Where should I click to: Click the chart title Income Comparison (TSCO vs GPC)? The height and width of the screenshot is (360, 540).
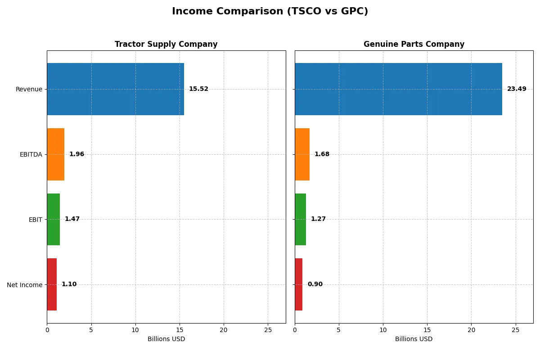point(270,12)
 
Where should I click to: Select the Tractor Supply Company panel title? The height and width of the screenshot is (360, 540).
point(166,45)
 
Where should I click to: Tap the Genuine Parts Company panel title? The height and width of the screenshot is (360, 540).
point(414,45)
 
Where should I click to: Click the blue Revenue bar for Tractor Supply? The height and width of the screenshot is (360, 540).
point(115,89)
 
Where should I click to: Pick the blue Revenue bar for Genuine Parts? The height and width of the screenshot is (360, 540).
point(398,89)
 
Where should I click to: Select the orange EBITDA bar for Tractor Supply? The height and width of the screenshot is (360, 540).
point(56,154)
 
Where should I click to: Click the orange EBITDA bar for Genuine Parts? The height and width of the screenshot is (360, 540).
point(302,154)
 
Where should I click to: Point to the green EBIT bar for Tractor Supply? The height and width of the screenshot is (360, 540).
point(54,219)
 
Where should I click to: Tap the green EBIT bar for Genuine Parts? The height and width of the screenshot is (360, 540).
point(300,219)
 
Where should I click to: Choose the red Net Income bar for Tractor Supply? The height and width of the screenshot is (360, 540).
point(52,284)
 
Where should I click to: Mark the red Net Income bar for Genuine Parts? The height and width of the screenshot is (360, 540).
point(298,284)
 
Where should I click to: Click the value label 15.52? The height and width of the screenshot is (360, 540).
point(198,89)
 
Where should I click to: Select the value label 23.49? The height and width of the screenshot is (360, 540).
point(517,89)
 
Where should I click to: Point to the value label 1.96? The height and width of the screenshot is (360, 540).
point(76,154)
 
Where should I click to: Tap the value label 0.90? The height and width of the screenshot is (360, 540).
point(315,284)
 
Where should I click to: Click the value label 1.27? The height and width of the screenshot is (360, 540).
point(318,219)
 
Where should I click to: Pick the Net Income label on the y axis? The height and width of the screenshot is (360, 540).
point(25,285)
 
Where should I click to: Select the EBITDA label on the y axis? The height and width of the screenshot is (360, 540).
point(31,155)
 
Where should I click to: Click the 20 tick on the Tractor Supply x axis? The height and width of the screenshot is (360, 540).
point(224,330)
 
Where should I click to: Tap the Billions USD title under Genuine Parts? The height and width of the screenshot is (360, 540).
point(414,339)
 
